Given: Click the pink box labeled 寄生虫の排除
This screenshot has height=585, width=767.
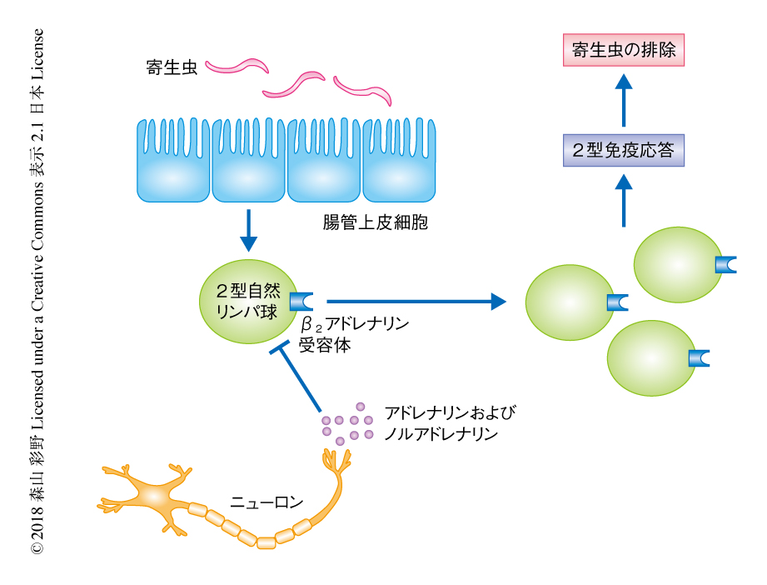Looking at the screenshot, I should (624, 52).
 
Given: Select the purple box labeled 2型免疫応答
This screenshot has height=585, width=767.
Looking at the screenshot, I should (624, 151).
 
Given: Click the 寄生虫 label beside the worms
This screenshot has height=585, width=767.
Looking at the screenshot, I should (170, 67).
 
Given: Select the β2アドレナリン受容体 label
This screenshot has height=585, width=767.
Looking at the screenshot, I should (354, 334).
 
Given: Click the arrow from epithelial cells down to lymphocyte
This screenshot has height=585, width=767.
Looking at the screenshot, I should (248, 230).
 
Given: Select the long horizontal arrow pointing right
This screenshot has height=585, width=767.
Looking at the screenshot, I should (416, 301).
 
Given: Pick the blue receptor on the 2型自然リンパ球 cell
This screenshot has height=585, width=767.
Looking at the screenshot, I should (300, 301).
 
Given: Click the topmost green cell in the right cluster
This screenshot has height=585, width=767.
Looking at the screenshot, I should (677, 264).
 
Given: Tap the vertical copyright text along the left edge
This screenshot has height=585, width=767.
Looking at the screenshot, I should (37, 292).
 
